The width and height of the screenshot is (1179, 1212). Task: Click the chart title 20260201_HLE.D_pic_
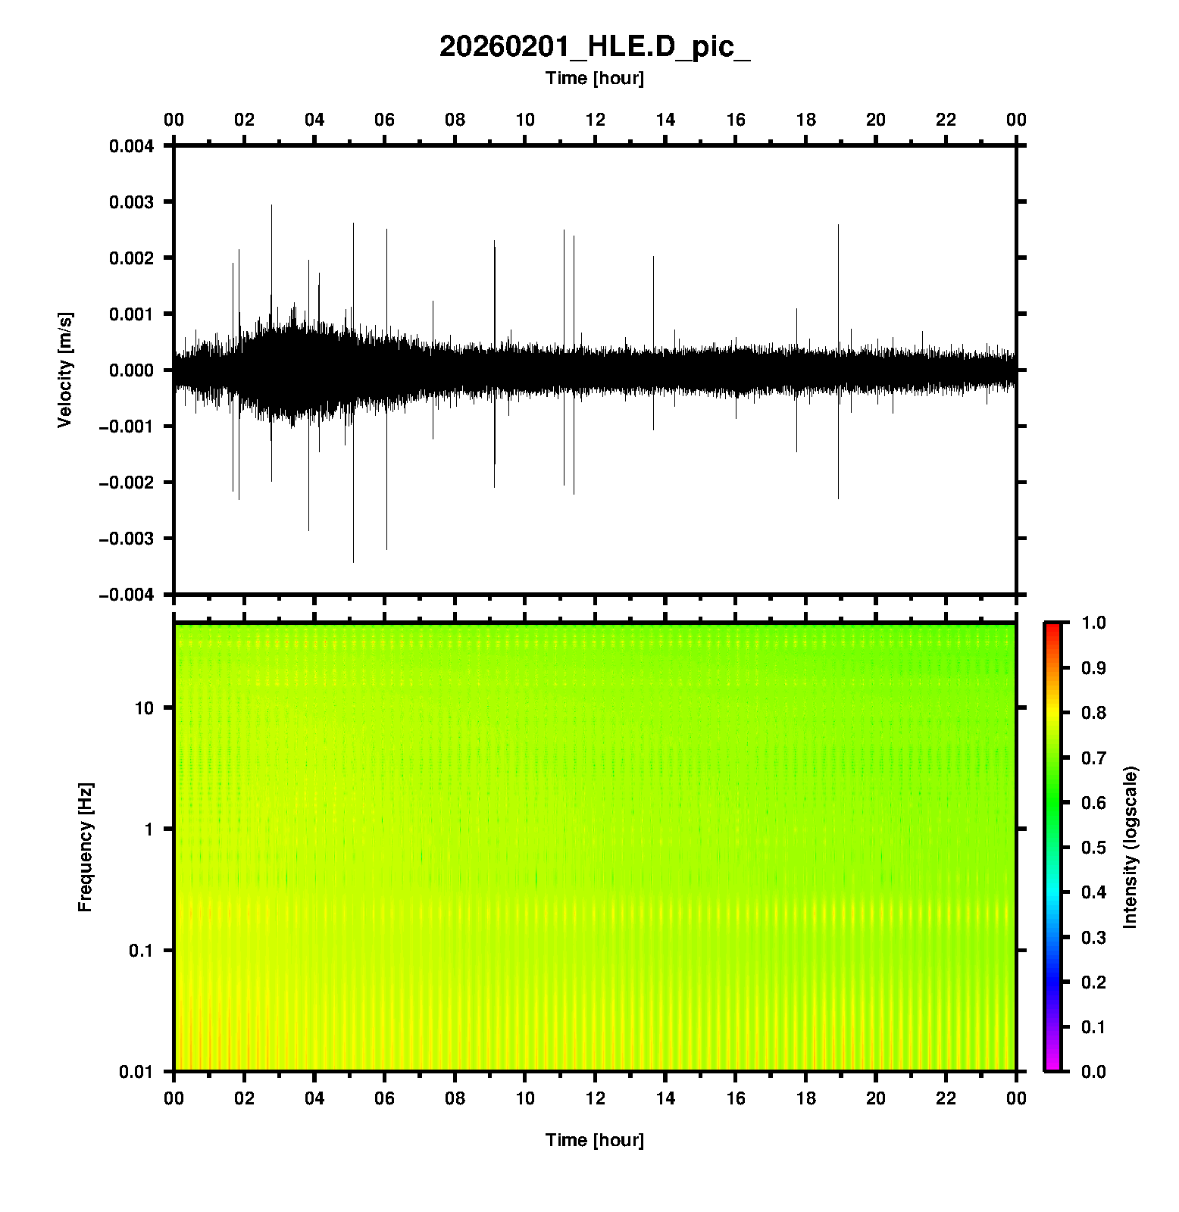pyautogui.click(x=595, y=47)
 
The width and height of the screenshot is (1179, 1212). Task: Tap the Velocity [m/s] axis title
pyautogui.click(x=65, y=370)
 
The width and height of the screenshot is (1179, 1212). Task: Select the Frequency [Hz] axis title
pyautogui.click(x=85, y=847)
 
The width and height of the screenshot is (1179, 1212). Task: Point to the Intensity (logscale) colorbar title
pyautogui.click(x=1131, y=847)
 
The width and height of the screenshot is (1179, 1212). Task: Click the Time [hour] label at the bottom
pyautogui.click(x=595, y=1140)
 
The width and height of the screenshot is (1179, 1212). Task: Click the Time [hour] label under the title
pyautogui.click(x=595, y=78)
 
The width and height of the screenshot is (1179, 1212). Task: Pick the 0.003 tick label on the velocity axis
pyautogui.click(x=131, y=202)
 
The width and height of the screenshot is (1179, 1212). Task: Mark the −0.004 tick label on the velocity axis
pyautogui.click(x=126, y=595)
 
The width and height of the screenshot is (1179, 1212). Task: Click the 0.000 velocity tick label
pyautogui.click(x=131, y=370)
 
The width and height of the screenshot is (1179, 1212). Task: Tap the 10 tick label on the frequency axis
pyautogui.click(x=144, y=708)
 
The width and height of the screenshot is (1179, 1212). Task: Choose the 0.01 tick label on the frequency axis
pyautogui.click(x=136, y=1071)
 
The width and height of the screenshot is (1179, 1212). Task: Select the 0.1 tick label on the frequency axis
pyautogui.click(x=141, y=951)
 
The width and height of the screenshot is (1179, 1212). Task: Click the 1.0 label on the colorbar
pyautogui.click(x=1094, y=623)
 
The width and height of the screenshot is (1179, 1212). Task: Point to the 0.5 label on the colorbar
pyautogui.click(x=1094, y=847)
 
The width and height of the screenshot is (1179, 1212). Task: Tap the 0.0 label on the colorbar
pyautogui.click(x=1094, y=1071)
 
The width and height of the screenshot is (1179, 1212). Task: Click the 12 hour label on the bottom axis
pyautogui.click(x=595, y=1098)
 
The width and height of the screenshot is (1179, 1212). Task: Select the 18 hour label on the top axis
pyautogui.click(x=805, y=120)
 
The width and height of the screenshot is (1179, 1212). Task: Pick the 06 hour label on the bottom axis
pyautogui.click(x=384, y=1098)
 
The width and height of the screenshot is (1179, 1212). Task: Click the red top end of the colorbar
pyautogui.click(x=1052, y=627)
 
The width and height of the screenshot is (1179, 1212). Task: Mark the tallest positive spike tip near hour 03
pyautogui.click(x=271, y=205)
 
